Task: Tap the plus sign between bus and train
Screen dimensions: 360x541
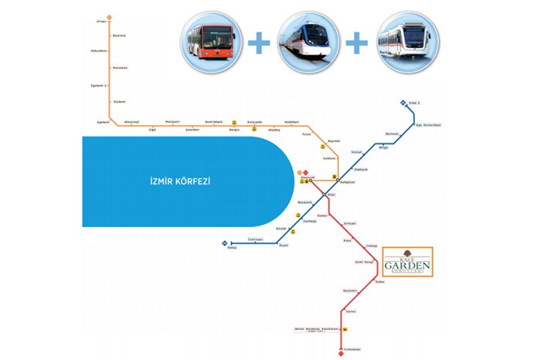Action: tap(258, 43)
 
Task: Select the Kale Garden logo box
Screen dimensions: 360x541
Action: tap(407, 263)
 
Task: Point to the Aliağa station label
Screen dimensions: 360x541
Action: tap(100, 22)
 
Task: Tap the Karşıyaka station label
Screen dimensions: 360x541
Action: tap(254, 122)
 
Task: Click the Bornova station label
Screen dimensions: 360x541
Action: tap(392, 134)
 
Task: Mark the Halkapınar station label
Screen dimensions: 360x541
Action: tap(347, 182)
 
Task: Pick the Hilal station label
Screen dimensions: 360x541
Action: tap(332, 195)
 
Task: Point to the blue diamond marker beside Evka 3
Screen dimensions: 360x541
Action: tap(403, 104)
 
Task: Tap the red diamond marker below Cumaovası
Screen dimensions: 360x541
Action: tap(340, 355)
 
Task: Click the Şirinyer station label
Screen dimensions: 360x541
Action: tap(349, 223)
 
